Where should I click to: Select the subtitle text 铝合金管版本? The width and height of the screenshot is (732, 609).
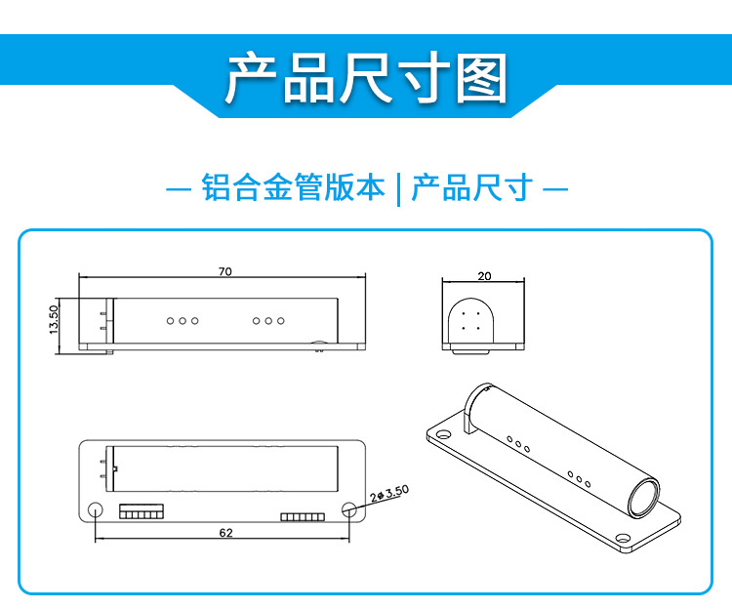coord(293,186)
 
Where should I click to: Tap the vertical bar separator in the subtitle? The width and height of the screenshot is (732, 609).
coord(399,187)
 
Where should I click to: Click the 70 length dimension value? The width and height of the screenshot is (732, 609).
coord(225,272)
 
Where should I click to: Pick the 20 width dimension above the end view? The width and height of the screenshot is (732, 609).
coord(484,276)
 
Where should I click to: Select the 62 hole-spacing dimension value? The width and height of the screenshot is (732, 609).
coord(226,533)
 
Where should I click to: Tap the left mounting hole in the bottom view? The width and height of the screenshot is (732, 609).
coord(96,509)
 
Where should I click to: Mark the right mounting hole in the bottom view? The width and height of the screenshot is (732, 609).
coord(350,509)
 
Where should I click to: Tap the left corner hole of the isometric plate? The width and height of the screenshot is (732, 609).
coord(442,433)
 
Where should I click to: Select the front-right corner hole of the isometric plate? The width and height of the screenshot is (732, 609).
coord(621,536)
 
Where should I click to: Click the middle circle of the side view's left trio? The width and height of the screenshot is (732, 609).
coord(182,320)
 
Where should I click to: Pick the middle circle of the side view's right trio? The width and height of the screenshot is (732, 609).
coord(267,320)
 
